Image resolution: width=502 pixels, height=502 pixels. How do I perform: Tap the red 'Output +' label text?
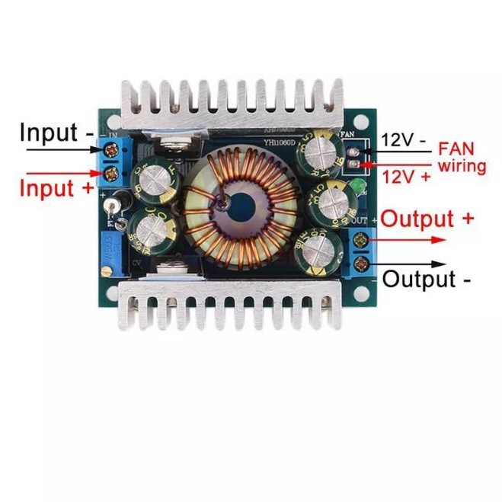427,219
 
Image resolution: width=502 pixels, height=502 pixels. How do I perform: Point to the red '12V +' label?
406,176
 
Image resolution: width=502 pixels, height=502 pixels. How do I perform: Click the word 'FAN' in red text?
462,149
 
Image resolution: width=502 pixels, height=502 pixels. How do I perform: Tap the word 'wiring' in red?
462,165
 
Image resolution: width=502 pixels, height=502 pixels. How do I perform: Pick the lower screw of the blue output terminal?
362,265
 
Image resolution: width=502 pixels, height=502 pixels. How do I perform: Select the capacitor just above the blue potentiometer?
149,229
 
